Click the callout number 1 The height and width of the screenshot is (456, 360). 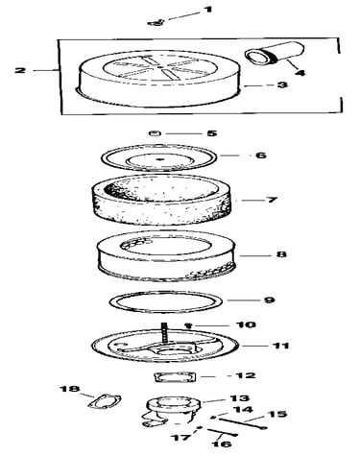point(208,9)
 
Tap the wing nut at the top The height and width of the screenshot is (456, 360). point(156,22)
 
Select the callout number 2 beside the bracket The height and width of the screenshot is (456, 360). point(20,70)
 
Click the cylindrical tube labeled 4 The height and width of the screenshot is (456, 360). point(275,54)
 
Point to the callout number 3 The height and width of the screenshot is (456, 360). point(281,84)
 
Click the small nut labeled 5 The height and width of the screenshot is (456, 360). point(156,133)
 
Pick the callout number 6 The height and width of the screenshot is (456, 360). point(261,156)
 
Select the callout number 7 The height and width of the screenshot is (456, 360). point(272,200)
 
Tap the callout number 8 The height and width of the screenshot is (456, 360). point(280,254)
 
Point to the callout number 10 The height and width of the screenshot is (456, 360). point(246,324)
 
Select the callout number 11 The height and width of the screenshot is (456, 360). point(280,346)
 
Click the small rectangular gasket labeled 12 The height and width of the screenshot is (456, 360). point(175,376)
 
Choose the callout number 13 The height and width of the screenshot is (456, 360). point(239,398)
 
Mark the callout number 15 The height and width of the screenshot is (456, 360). point(277,414)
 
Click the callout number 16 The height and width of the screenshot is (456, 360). point(222,444)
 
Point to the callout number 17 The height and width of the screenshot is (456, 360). point(182,437)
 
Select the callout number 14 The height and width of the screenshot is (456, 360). point(243,409)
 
